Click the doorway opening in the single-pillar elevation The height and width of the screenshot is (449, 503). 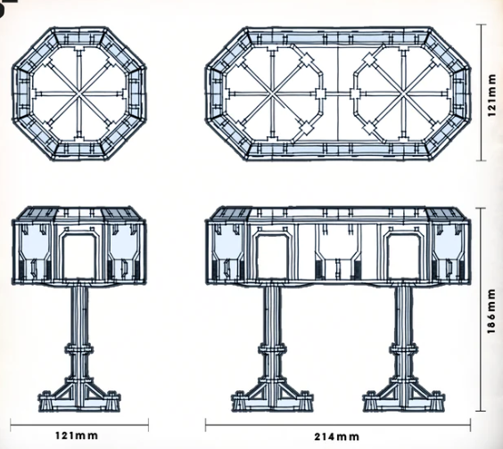[80, 255]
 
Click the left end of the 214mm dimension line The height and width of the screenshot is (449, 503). [207, 423]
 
